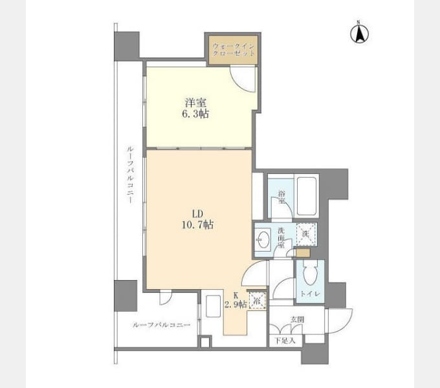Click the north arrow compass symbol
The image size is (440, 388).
[359, 33]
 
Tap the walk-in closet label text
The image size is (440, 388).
[234, 50]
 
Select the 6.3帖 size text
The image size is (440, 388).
[195, 114]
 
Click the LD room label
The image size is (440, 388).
[197, 214]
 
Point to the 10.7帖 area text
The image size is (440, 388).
[197, 224]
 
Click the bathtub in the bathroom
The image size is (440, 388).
[307, 196]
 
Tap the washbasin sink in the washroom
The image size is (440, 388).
[263, 240]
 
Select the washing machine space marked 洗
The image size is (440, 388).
[306, 234]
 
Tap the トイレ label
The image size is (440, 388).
[310, 294]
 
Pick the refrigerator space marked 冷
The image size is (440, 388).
[257, 301]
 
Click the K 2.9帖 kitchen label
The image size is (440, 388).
[236, 299]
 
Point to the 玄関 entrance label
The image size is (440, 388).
[298, 319]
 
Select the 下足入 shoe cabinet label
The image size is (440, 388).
[285, 341]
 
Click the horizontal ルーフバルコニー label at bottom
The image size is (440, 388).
[161, 325]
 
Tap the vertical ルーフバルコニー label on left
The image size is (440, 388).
[129, 175]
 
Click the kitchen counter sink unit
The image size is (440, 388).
[213, 306]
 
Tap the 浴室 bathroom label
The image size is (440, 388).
[281, 197]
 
